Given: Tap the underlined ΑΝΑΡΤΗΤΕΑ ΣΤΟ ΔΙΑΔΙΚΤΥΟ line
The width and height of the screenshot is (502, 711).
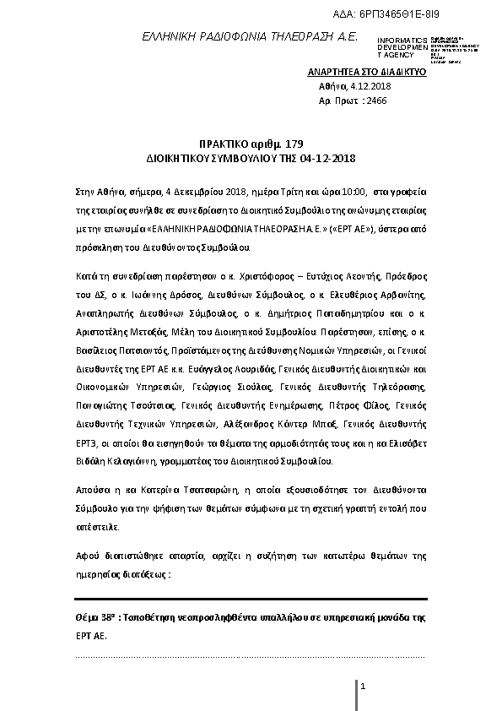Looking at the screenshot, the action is (x=367, y=73).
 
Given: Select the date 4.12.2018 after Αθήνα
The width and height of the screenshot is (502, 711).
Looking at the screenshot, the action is (x=374, y=86).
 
